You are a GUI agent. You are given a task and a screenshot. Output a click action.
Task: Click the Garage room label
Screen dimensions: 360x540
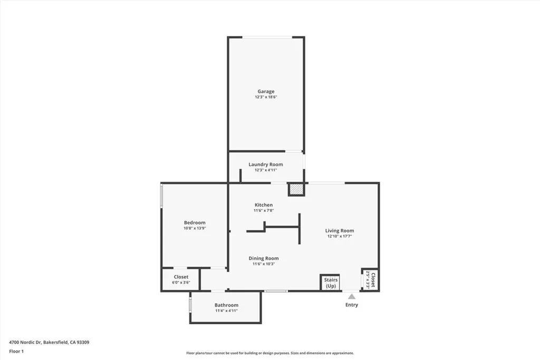(x=266, y=92)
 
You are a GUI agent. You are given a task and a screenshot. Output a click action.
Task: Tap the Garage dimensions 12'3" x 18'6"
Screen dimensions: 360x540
(x=266, y=98)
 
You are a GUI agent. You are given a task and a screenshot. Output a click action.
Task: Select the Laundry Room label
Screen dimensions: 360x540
(x=266, y=164)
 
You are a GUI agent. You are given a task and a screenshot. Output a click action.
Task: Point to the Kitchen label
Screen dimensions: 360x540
(x=264, y=205)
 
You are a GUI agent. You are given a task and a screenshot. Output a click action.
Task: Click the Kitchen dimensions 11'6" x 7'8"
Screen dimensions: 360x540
(x=264, y=211)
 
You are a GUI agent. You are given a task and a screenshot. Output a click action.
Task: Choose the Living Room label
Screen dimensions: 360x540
(x=339, y=231)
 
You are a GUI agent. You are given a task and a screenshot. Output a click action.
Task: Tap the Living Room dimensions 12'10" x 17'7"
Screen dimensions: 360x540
(x=339, y=237)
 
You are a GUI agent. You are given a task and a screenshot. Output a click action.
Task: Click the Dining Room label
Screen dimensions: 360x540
(x=264, y=258)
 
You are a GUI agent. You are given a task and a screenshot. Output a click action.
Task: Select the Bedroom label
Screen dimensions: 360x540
(x=195, y=222)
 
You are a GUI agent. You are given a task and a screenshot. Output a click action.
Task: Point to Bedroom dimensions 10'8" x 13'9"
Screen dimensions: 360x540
(x=195, y=228)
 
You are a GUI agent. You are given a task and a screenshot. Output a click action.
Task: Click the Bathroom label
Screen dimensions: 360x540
(x=226, y=305)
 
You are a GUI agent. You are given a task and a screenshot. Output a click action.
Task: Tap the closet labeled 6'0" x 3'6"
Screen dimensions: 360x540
(x=181, y=279)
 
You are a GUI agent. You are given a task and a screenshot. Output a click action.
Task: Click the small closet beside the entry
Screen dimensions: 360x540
(x=370, y=279)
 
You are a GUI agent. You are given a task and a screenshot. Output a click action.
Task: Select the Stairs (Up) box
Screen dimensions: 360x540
(x=330, y=283)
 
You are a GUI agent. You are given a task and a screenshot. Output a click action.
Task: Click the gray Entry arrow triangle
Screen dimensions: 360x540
(x=351, y=297)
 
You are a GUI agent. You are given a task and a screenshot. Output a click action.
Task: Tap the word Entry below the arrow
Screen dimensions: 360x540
(x=351, y=305)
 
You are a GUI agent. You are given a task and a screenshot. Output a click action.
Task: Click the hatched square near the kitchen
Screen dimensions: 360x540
(x=296, y=189)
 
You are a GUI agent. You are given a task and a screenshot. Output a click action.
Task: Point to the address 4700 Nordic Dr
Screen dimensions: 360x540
(x=49, y=342)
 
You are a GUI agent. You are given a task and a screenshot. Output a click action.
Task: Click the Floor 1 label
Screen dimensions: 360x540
(x=16, y=351)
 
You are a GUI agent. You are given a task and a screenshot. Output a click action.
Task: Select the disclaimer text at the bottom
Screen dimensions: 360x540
(x=269, y=353)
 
